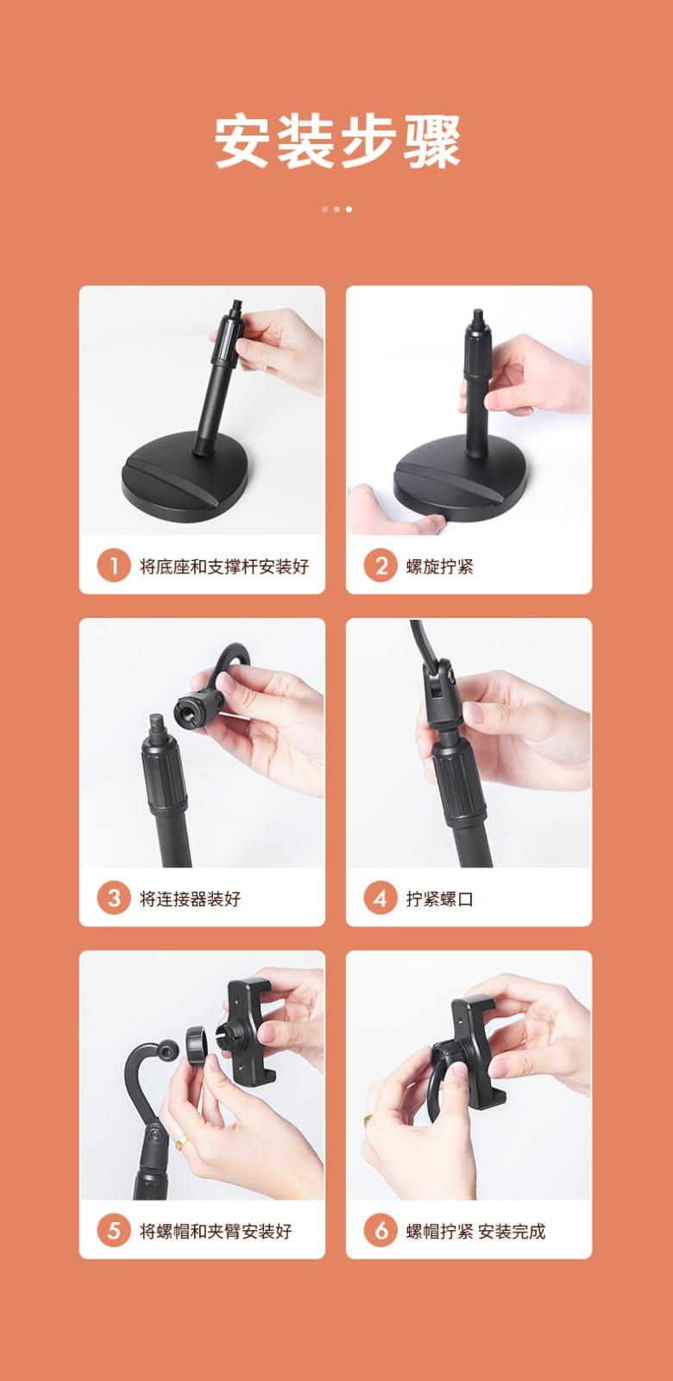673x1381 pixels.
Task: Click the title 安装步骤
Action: point(336,141)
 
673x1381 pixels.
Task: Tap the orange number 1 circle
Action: point(114,565)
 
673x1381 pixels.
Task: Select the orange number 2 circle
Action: point(381,565)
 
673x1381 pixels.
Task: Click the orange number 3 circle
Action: point(114,899)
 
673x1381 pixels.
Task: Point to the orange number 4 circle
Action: point(381,899)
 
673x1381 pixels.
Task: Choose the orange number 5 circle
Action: point(114,1231)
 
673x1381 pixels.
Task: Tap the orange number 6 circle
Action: point(381,1231)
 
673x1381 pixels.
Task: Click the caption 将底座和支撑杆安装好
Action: point(224,566)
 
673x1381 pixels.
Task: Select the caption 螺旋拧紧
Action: point(439,566)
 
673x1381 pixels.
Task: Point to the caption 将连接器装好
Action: point(191,899)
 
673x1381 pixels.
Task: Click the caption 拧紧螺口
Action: point(439,899)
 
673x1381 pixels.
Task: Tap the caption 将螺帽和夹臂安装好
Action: point(216,1232)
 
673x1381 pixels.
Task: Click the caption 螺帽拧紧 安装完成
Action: point(475,1232)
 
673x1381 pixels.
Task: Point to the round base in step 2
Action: point(459,478)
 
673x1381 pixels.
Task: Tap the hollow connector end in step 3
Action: point(196,709)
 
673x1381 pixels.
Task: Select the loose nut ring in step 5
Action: point(196,1045)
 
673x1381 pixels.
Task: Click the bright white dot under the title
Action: point(349,209)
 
